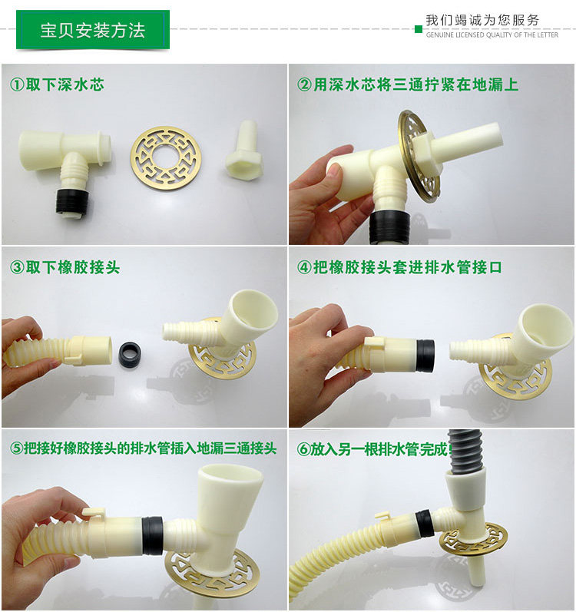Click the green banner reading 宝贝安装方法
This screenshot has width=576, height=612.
(93, 30)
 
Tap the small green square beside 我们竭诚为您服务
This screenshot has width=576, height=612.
(419, 29)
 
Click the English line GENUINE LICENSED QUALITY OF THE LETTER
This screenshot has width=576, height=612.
(492, 35)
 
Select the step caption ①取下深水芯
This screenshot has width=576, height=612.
(57, 84)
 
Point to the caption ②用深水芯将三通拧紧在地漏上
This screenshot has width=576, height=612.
(407, 84)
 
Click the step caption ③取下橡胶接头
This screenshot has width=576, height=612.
(65, 268)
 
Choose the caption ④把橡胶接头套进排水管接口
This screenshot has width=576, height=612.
(399, 268)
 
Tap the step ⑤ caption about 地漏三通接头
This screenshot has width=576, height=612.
(143, 448)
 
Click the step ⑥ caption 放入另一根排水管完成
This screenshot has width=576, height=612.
(372, 449)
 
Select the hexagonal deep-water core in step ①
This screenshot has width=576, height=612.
(243, 150)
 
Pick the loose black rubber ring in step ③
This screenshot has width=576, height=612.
(130, 354)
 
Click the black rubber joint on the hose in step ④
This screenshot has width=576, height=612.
(425, 356)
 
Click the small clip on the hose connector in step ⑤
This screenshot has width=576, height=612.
(93, 513)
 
